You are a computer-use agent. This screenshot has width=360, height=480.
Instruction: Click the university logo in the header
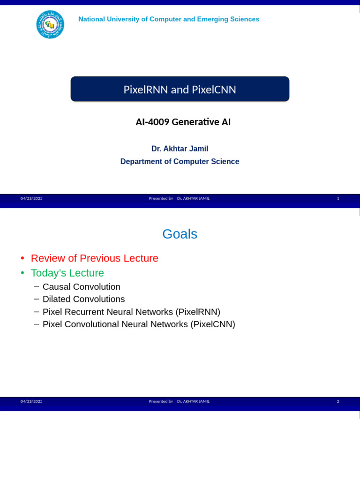point(50,24)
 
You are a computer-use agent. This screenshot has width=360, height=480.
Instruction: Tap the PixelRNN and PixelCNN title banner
point(180,89)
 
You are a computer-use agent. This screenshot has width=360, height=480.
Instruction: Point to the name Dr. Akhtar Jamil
point(180,149)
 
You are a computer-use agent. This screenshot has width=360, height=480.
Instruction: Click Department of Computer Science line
point(180,162)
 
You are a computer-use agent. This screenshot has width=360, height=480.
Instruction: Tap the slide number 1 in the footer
point(338,198)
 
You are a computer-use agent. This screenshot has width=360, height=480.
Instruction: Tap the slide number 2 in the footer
point(338,401)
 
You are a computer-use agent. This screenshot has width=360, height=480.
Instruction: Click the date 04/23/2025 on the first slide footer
point(31,198)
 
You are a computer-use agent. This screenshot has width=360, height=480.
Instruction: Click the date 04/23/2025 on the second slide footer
point(31,401)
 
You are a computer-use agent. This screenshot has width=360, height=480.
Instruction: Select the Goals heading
point(180,234)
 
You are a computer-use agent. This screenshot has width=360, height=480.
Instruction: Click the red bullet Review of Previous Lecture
point(94,258)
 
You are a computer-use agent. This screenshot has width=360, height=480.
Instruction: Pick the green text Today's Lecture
point(67,273)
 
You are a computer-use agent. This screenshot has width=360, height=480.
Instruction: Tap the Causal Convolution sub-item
point(81,287)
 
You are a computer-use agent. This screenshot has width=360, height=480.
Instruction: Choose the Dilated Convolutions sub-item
point(83,299)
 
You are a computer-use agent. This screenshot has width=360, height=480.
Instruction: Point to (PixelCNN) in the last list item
point(212,324)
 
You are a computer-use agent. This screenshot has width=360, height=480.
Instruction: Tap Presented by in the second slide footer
point(161,401)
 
